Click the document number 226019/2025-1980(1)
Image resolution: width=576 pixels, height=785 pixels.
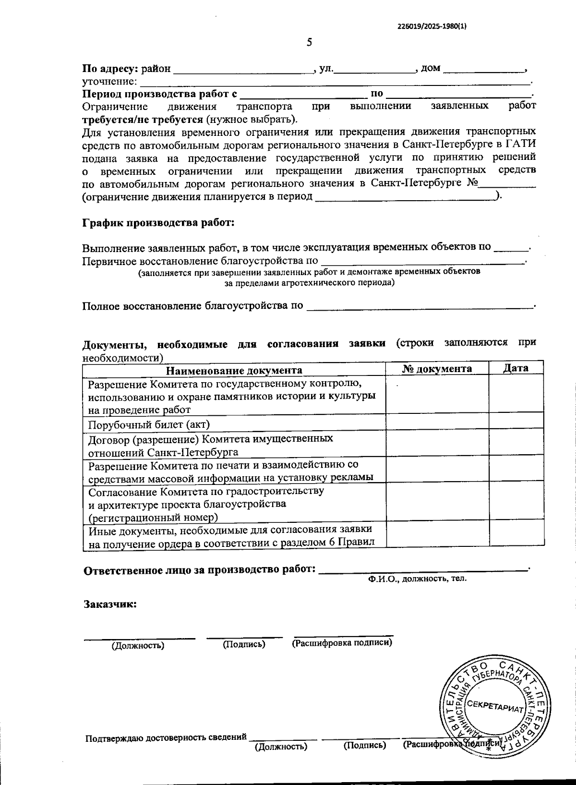point(432,27)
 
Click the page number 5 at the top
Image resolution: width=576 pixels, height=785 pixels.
point(310,42)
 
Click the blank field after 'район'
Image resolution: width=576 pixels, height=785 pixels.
point(243,69)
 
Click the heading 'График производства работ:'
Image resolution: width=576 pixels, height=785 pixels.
point(158,223)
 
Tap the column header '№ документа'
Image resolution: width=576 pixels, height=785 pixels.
point(437,368)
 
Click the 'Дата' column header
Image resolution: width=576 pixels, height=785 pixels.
point(516,368)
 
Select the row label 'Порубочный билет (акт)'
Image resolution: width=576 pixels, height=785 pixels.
point(149,424)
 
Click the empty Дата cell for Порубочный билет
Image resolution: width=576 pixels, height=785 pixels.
point(516,422)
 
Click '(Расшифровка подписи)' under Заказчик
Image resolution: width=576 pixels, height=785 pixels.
point(342,642)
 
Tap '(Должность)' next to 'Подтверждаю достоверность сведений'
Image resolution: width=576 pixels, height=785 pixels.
point(281,746)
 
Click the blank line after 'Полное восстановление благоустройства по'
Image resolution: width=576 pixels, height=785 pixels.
point(420,305)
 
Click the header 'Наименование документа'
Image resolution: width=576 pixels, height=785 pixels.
point(234,370)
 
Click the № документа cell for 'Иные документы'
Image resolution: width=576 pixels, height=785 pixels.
point(437,534)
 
